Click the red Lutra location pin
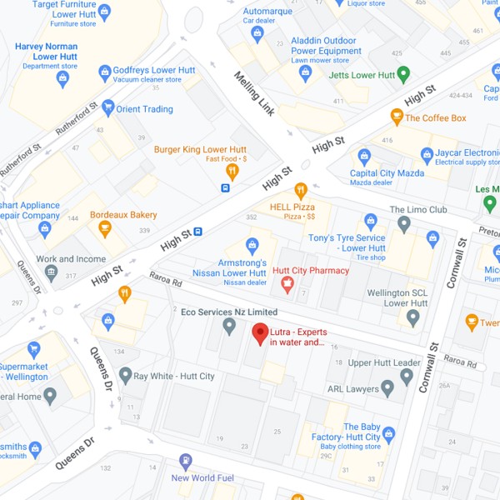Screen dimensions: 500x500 261,333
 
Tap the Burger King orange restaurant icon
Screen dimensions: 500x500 232,172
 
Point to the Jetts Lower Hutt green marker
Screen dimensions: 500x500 404,75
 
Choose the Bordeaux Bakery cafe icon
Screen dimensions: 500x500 105,228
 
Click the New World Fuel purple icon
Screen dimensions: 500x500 185,461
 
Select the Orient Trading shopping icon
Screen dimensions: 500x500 107,108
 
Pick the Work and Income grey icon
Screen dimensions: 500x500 51,272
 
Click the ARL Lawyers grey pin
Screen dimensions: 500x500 387,388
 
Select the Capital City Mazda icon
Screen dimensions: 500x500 364,156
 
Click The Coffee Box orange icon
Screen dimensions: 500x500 397,117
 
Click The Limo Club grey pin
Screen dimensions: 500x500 404,223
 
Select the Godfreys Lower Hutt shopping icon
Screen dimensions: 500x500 104,73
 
